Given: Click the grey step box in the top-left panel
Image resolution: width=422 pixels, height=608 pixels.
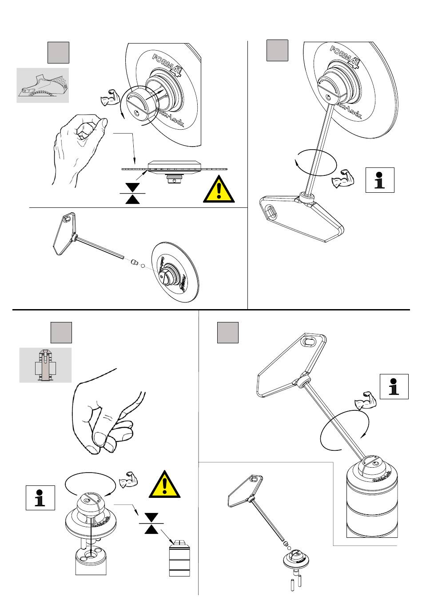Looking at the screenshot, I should pyautogui.click(x=58, y=52).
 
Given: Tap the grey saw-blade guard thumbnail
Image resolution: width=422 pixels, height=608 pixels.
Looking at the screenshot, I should pyautogui.click(x=43, y=85).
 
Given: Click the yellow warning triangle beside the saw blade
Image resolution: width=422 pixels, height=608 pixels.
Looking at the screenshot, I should pyautogui.click(x=219, y=189).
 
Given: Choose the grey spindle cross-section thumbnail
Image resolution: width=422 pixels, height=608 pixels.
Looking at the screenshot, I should pyautogui.click(x=45, y=365).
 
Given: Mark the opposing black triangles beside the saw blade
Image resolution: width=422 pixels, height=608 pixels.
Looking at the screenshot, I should pyautogui.click(x=132, y=194).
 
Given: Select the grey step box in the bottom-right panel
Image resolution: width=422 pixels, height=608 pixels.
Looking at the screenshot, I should pyautogui.click(x=227, y=333).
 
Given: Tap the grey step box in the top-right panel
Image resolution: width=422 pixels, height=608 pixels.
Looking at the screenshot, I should pyautogui.click(x=277, y=50).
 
